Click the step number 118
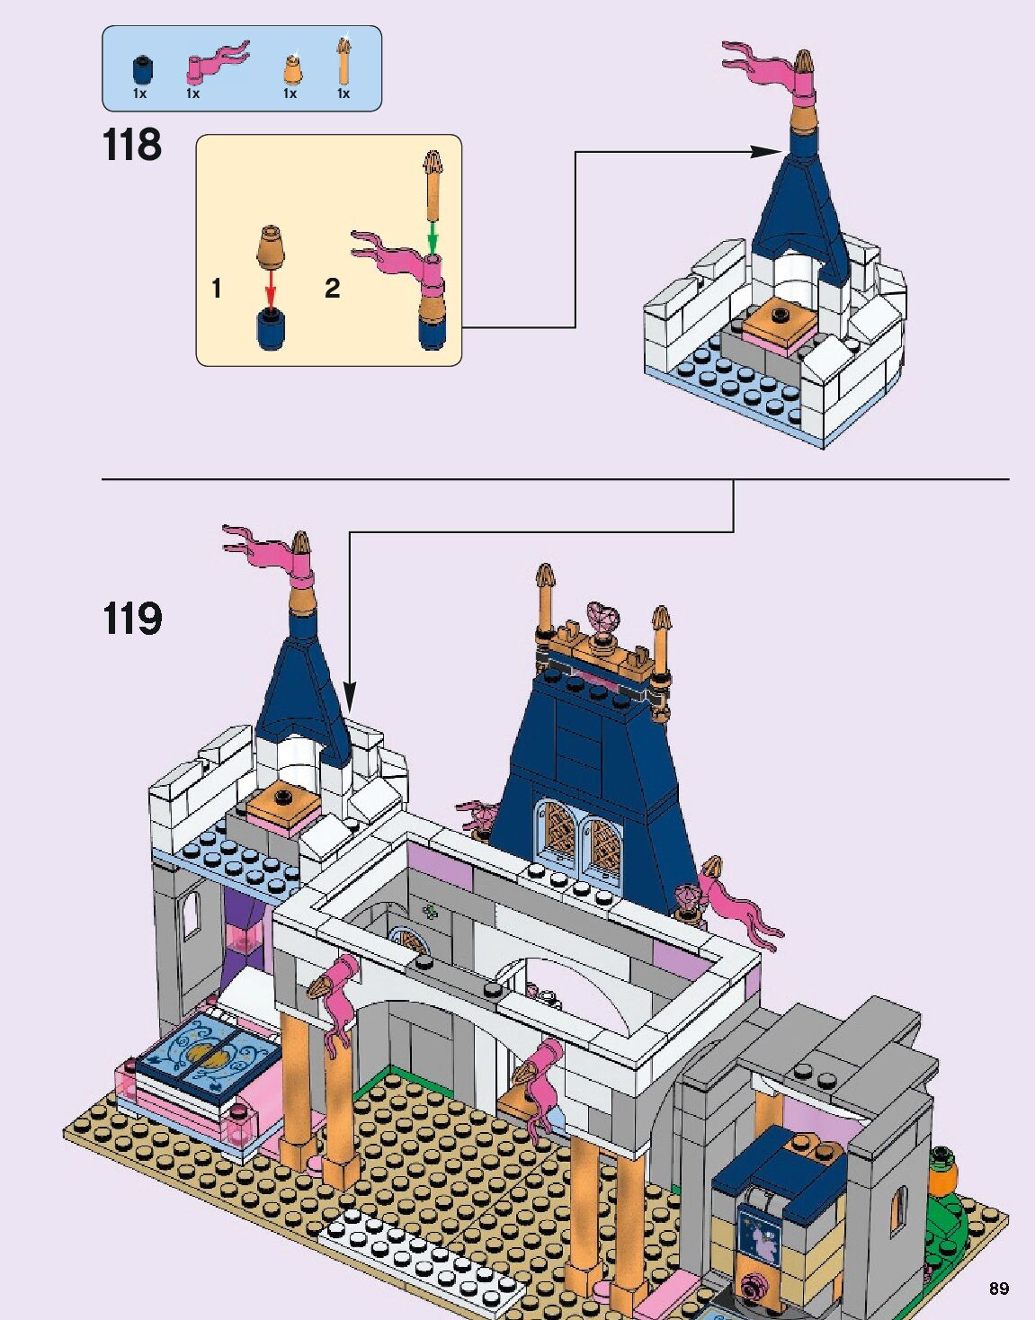pyautogui.click(x=132, y=145)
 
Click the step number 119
pyautogui.click(x=132, y=619)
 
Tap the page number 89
pyautogui.click(x=998, y=1288)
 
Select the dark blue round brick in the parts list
pyautogui.click(x=140, y=69)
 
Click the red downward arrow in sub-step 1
pyautogui.click(x=271, y=288)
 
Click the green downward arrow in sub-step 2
pyautogui.click(x=433, y=237)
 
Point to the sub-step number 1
pyautogui.click(x=216, y=288)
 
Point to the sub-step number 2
pyautogui.click(x=333, y=288)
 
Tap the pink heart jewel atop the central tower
pyautogui.click(x=602, y=617)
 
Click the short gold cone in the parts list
pyautogui.click(x=290, y=68)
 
